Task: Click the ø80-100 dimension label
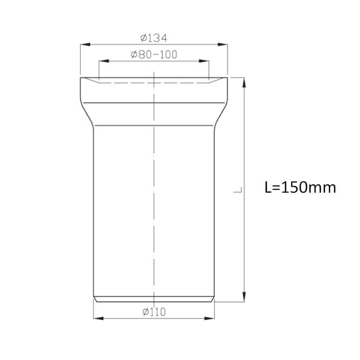click(154, 55)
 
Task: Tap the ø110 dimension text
click(154, 311)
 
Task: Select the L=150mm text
click(300, 187)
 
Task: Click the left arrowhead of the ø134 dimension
click(84, 44)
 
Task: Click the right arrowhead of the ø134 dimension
click(224, 44)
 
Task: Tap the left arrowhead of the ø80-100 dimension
click(102, 62)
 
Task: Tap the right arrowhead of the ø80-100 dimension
click(206, 62)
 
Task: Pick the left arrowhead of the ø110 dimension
click(96, 318)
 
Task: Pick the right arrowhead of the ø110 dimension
click(211, 318)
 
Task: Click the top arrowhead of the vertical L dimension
click(244, 81)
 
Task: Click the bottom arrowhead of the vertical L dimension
click(244, 297)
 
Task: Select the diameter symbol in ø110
click(145, 311)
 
